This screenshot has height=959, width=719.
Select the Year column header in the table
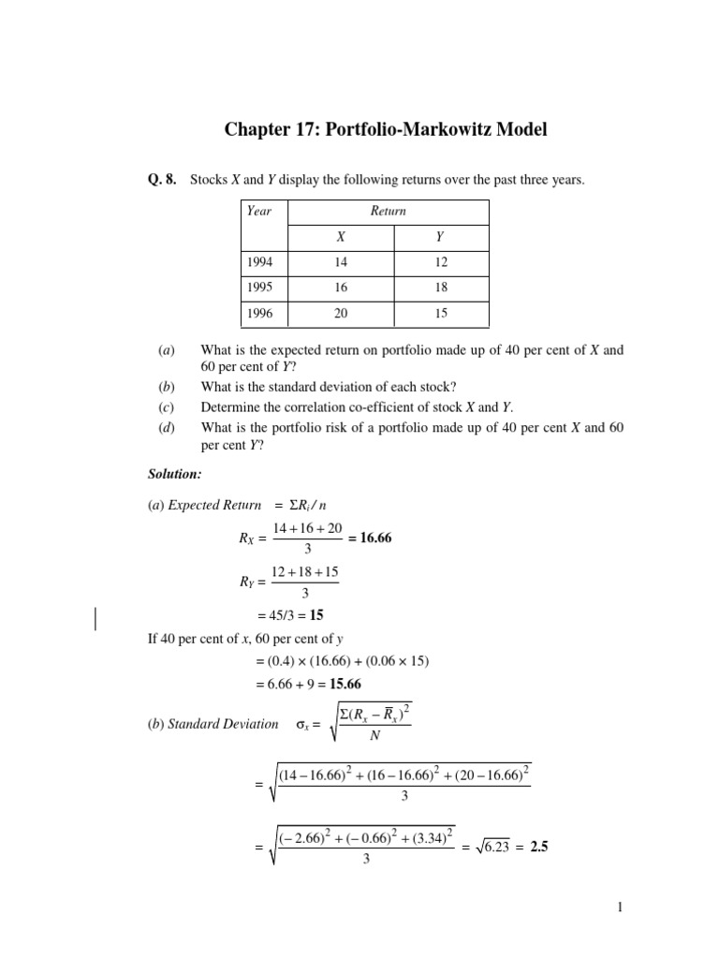[258, 211]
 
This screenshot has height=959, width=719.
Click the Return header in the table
[388, 211]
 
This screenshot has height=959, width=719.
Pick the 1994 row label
[260, 263]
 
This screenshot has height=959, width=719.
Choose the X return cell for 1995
[341, 288]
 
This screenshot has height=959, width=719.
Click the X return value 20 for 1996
[341, 314]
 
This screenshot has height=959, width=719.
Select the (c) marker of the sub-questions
[166, 406]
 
